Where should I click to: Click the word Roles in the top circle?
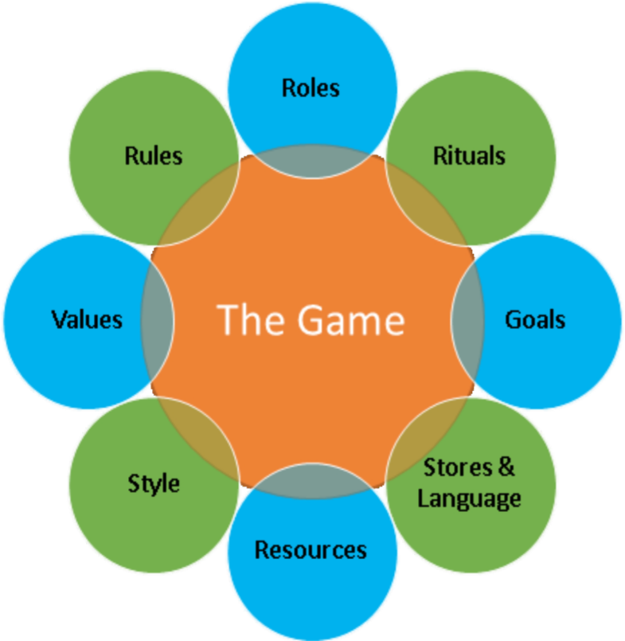[311, 88]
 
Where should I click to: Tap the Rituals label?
[469, 155]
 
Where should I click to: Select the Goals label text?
[535, 319]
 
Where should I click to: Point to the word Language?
[469, 499]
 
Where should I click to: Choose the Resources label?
[311, 550]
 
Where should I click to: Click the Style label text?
[154, 483]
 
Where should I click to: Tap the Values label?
[87, 319]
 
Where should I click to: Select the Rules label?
[153, 155]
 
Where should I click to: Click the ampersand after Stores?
[506, 467]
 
